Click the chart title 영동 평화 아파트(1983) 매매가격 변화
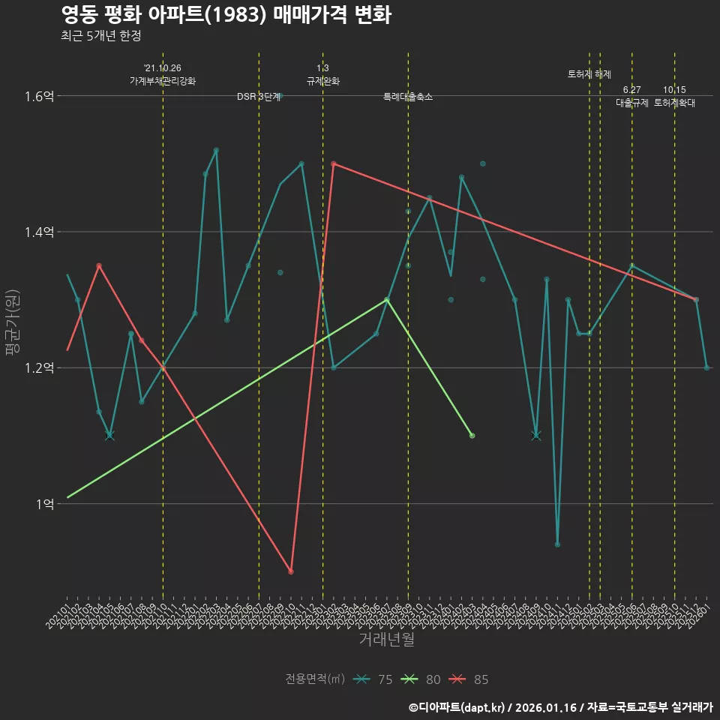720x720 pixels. (225, 16)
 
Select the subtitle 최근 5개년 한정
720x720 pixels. (100, 36)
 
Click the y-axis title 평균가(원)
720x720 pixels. (13, 322)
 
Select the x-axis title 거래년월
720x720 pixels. (386, 640)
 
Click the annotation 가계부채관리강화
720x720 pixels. (163, 81)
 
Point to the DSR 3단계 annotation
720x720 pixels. (259, 97)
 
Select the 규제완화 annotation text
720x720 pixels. (323, 81)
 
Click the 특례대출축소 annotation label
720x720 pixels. (408, 97)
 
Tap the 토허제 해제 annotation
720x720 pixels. (589, 74)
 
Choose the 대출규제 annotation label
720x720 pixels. (631, 103)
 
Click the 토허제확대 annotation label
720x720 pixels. (674, 103)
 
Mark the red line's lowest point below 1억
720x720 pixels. (291, 571)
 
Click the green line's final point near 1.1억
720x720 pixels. (472, 436)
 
